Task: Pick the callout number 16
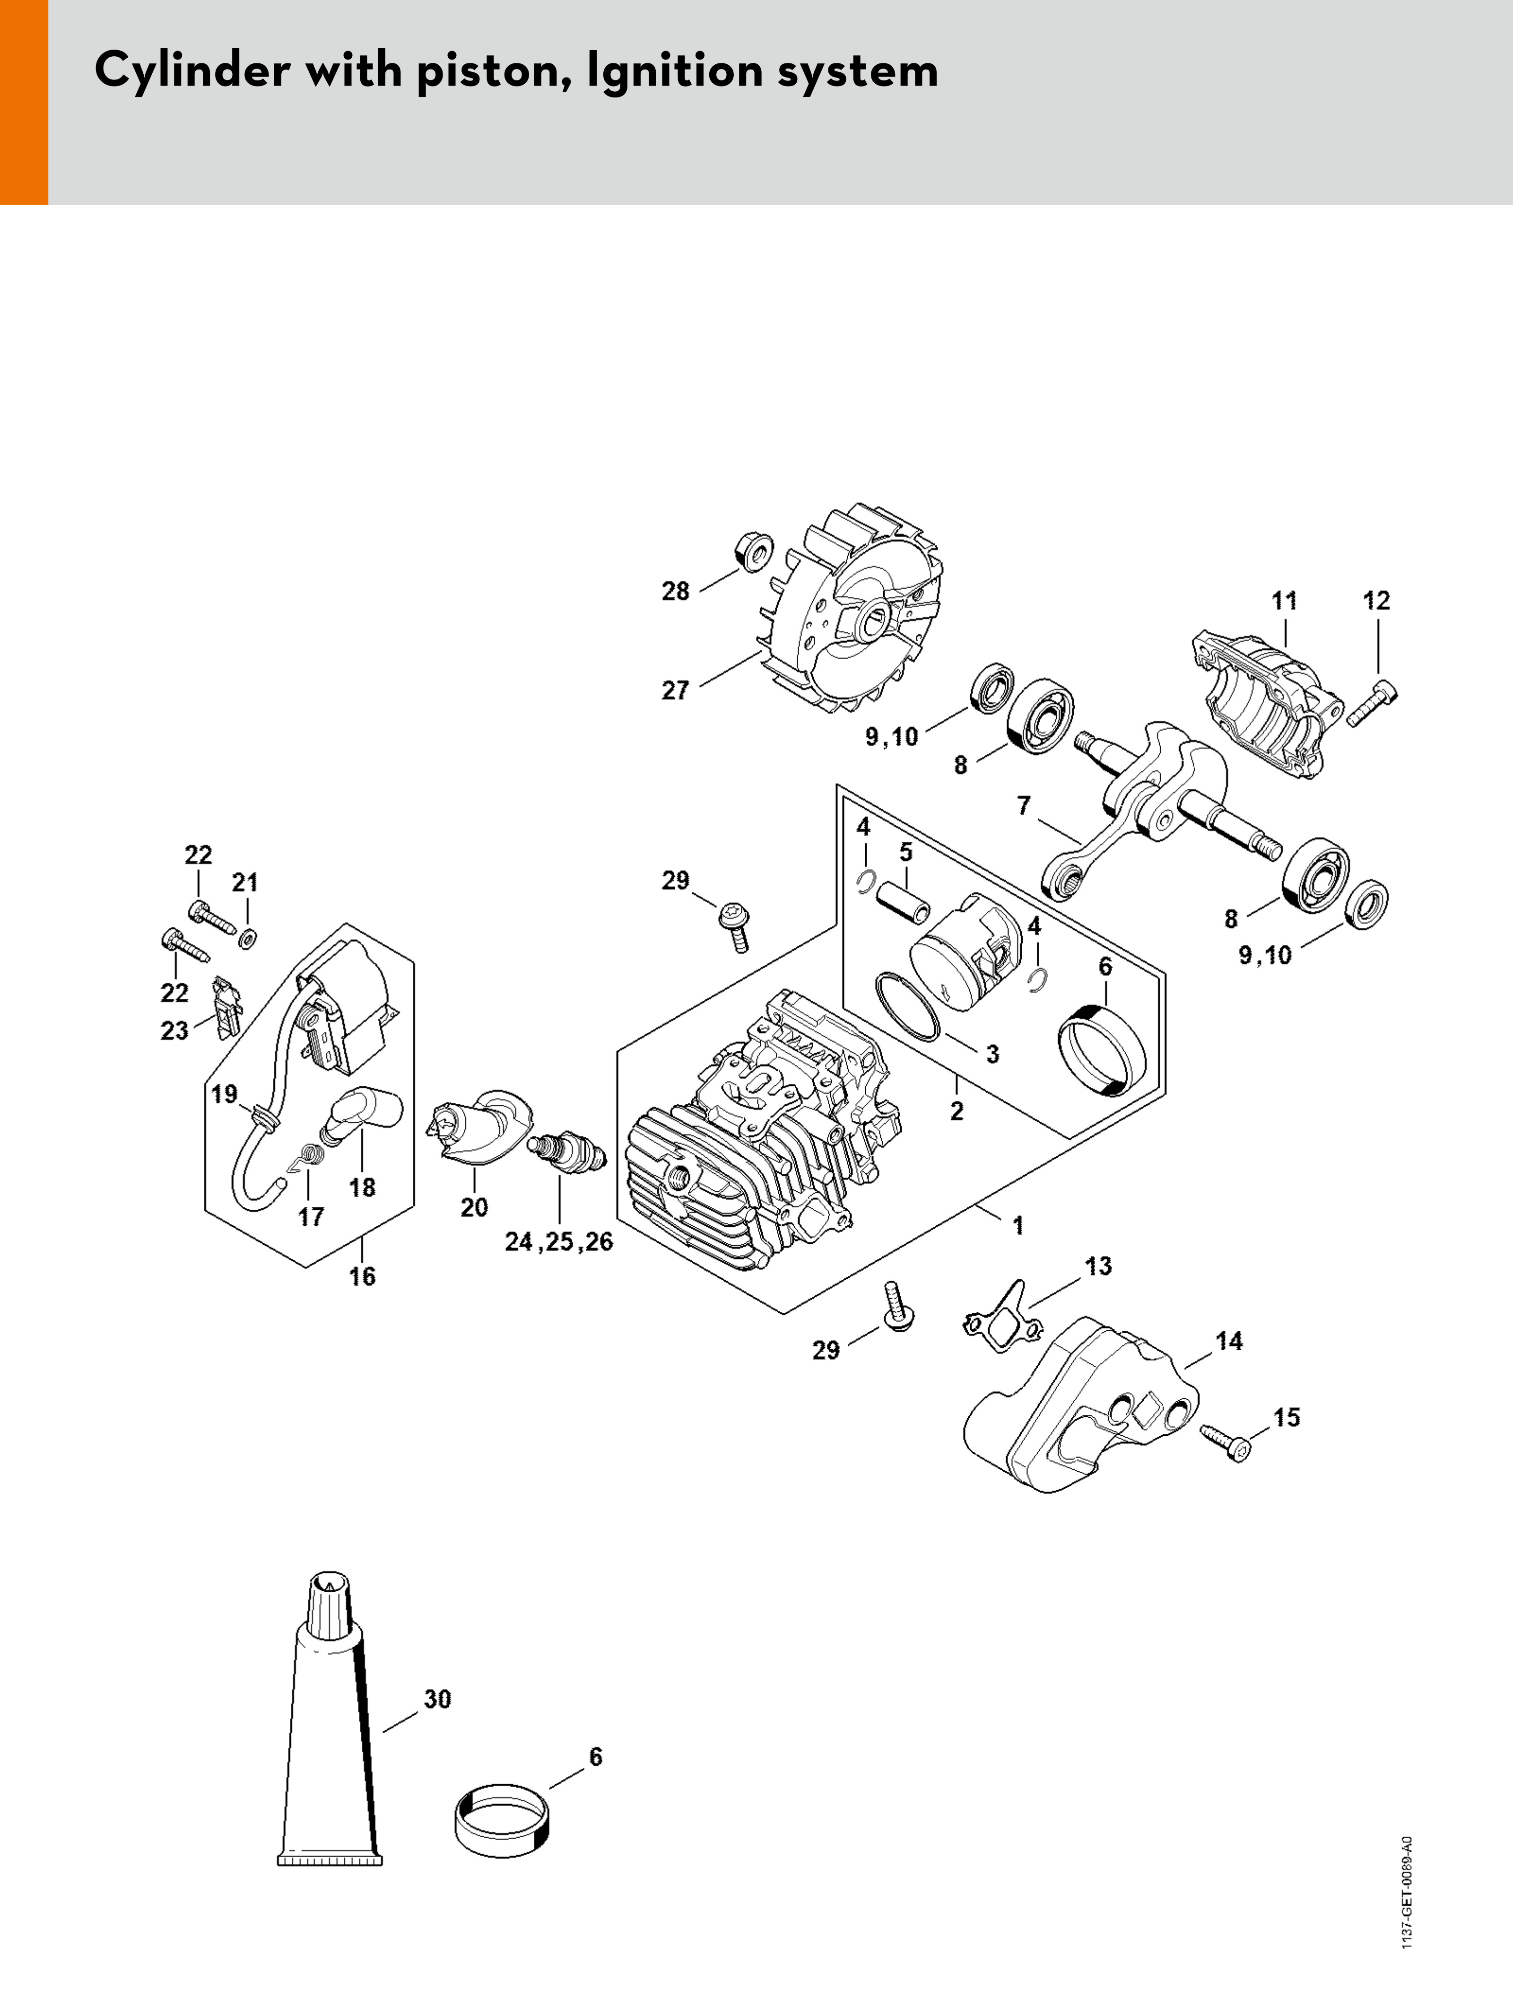[362, 1276]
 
